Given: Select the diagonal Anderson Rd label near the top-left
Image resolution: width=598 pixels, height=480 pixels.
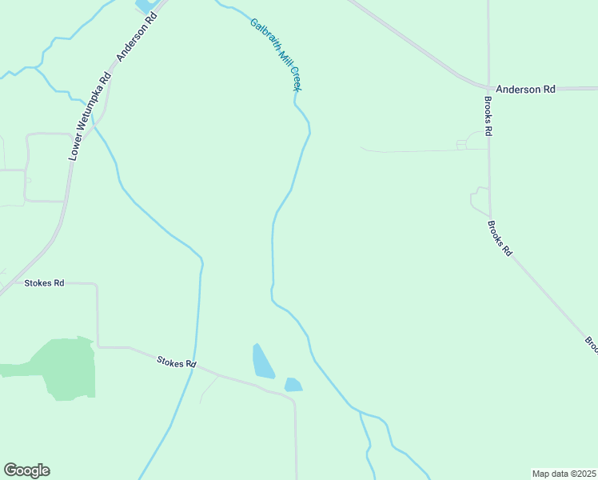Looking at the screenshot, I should pos(134,40).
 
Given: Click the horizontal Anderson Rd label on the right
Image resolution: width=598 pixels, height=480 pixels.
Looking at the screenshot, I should pos(525,90).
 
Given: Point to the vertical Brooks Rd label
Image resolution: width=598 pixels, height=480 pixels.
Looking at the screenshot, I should pos(488,116).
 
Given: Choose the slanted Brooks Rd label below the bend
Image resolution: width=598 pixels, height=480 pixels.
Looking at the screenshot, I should pos(499,238).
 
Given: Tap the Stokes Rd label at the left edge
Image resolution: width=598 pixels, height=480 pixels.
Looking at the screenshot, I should pos(44,283).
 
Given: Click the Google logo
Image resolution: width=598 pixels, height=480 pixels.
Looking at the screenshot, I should pos(26,470).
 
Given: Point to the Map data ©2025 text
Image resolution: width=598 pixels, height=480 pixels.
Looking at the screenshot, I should pos(564,474).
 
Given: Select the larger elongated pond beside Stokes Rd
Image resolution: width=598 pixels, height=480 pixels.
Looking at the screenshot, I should pos(262,361).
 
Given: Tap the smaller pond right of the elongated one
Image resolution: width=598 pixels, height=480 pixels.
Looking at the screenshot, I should pos(293,384).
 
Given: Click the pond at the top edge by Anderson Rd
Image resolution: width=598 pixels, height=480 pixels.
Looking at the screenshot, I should pos(146,6).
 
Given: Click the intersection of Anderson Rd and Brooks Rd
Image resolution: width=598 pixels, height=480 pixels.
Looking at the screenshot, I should pos(488,87).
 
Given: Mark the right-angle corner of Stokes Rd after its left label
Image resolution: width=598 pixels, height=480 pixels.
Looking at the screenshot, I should pos(98,284).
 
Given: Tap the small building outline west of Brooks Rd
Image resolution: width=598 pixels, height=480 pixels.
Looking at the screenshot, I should pos(461,145).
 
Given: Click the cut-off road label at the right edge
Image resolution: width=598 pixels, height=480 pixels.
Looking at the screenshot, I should pos(592,343).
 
